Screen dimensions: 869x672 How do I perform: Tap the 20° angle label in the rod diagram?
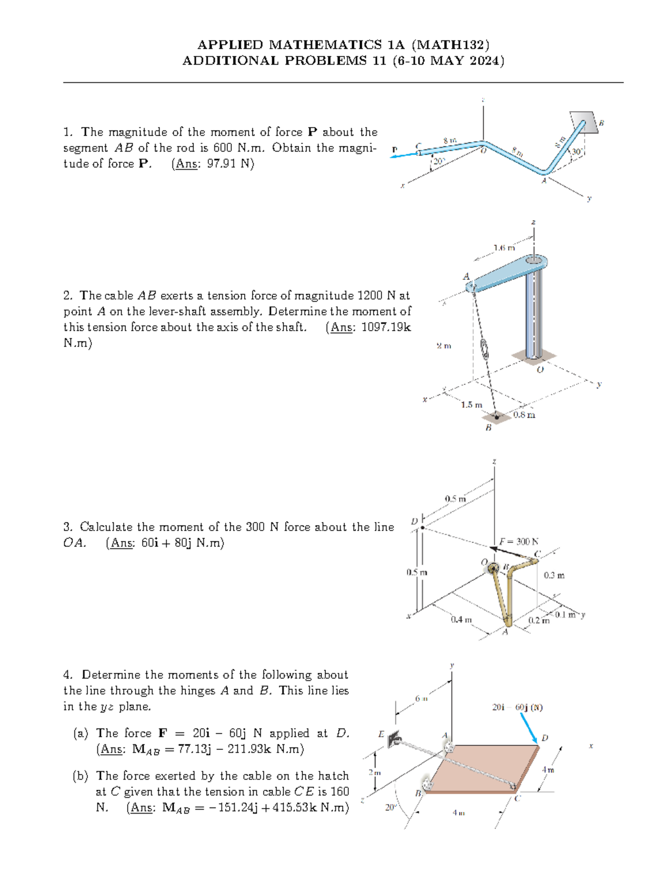pos(438,161)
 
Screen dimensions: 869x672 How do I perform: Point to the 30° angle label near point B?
pos(577,152)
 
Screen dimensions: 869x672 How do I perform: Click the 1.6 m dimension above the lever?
pos(503,247)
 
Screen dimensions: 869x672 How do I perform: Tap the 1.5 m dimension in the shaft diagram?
pos(471,405)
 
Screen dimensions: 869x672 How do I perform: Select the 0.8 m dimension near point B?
pos(524,415)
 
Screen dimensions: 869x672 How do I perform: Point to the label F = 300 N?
pos(519,541)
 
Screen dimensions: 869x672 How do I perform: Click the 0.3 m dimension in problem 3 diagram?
pos(554,575)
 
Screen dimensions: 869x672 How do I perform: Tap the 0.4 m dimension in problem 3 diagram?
pos(461,619)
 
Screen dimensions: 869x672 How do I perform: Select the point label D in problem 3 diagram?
pos(414,522)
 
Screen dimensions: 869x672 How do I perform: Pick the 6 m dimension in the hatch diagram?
pos(421,698)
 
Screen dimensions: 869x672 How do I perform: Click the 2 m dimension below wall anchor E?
pos(374,772)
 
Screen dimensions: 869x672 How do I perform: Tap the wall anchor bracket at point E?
pos(394,739)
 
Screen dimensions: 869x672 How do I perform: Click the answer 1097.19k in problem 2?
pos(386,327)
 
